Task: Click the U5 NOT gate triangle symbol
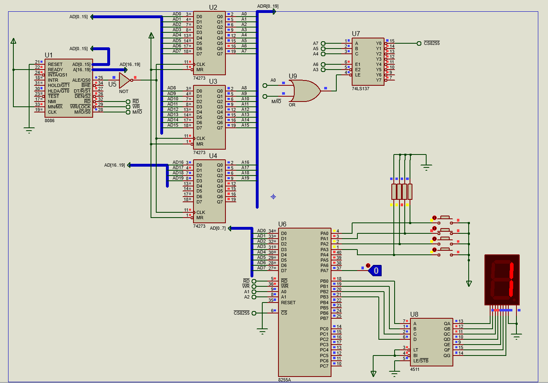(x=124, y=80)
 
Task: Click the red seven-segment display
(x=502, y=279)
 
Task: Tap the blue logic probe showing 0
(x=375, y=271)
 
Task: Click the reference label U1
(x=49, y=55)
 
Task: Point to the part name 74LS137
(x=360, y=89)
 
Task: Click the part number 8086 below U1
(x=49, y=121)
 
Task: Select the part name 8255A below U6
(x=284, y=380)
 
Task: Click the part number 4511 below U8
(x=414, y=369)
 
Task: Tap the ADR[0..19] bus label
(x=268, y=6)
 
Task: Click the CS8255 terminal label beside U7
(x=431, y=43)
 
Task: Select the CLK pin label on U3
(x=201, y=138)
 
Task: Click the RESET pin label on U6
(x=288, y=303)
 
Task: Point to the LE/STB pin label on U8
(x=421, y=361)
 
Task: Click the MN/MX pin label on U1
(x=55, y=107)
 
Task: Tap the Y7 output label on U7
(x=378, y=80)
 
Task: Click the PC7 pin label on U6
(x=324, y=366)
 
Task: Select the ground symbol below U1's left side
(x=29, y=130)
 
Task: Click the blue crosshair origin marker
(x=273, y=197)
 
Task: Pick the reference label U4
(x=213, y=156)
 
